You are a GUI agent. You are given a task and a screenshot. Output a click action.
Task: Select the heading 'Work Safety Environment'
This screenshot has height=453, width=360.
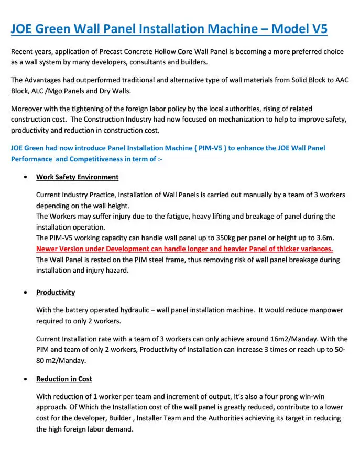77,177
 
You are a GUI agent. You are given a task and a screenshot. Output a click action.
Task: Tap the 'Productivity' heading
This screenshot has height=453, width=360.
56,292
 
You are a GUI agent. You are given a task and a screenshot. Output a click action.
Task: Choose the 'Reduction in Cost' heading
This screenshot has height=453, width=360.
64,379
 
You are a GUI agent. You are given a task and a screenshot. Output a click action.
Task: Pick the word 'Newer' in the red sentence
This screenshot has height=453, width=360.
48,249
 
